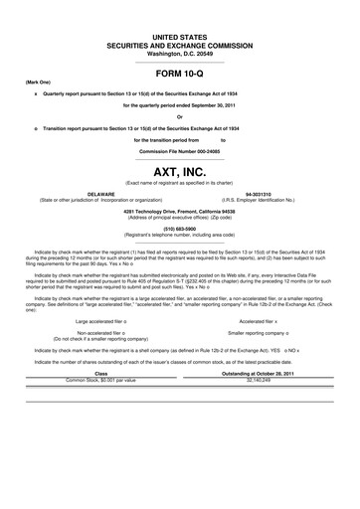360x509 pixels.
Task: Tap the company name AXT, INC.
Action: click(x=180, y=172)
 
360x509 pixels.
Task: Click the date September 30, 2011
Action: click(x=213, y=102)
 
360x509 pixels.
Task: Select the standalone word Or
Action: click(x=180, y=116)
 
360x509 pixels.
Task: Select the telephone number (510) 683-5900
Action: click(x=180, y=231)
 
